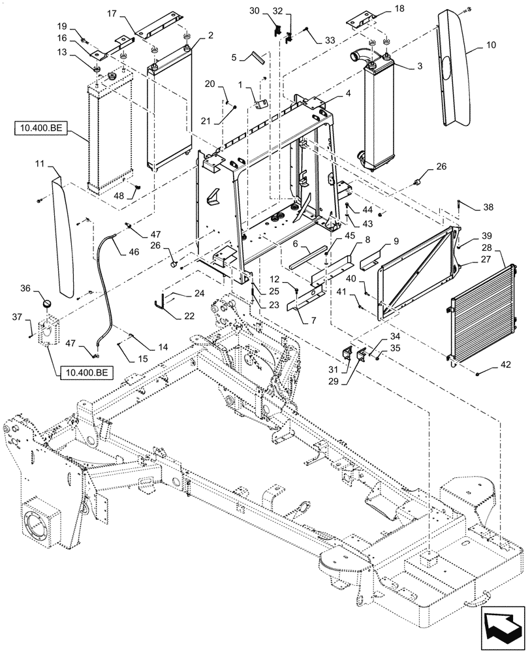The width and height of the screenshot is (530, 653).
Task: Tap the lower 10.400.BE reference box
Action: click(x=85, y=374)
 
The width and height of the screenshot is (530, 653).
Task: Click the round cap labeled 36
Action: click(x=45, y=303)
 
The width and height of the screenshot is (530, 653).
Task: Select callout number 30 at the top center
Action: click(x=255, y=12)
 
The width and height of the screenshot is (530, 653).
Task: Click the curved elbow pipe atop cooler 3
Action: click(x=359, y=56)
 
